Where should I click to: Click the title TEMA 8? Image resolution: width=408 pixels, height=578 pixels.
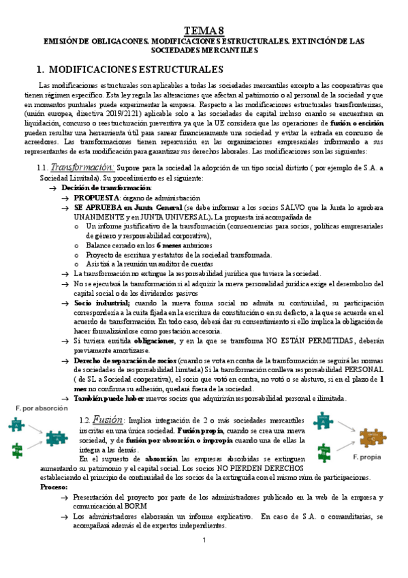tap(204, 29)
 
